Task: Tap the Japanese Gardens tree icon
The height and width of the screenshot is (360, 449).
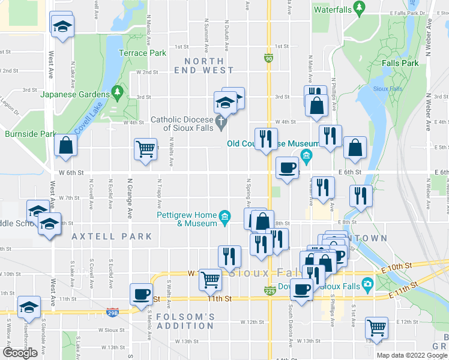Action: [x=118, y=94]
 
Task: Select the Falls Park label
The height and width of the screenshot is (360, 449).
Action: [x=401, y=63]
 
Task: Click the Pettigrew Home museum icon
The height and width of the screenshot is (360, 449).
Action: [x=224, y=216]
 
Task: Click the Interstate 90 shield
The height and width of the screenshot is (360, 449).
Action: [x=268, y=58]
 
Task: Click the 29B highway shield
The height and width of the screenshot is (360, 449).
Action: [x=113, y=312]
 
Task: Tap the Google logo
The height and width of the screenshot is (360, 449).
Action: [x=20, y=352]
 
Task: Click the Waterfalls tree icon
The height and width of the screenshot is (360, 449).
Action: [x=360, y=9]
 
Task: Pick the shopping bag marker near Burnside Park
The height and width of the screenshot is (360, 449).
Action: [x=65, y=146]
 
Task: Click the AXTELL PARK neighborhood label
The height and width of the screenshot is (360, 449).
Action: [x=112, y=236]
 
